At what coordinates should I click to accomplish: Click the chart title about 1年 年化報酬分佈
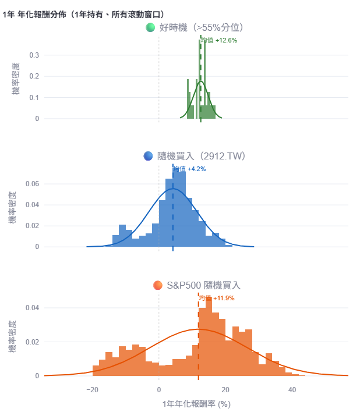[x=83, y=13]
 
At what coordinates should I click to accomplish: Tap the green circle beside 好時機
[x=150, y=27]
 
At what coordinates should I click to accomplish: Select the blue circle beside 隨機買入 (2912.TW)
[x=148, y=156]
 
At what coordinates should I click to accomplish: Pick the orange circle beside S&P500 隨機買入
[x=157, y=285]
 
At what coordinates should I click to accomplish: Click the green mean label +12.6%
[x=219, y=41]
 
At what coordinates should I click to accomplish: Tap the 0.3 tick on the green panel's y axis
[x=34, y=55]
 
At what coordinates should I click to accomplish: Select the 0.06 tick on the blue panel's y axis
[x=31, y=184]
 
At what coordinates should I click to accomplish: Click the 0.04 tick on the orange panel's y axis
[x=31, y=308]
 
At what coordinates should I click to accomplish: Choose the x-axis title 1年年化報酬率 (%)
[x=196, y=403]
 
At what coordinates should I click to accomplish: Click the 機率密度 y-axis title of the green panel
[x=16, y=81]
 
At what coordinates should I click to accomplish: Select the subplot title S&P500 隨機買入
[x=203, y=285]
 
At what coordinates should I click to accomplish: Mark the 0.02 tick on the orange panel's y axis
[x=31, y=342]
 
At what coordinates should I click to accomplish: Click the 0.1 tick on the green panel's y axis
[x=34, y=97]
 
